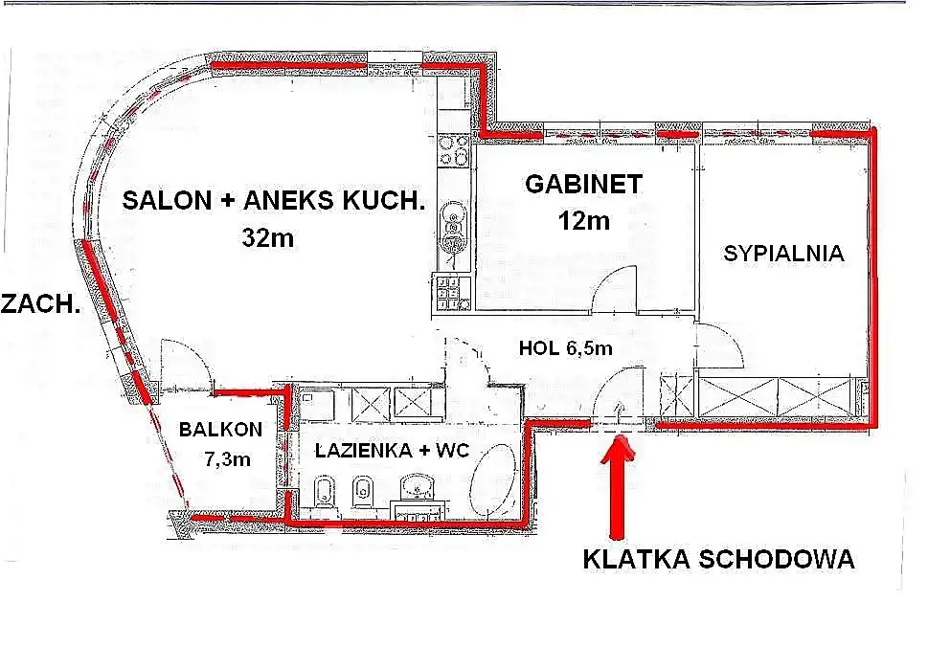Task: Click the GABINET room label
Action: point(583,184)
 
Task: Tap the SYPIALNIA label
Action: point(783,254)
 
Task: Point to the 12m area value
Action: point(583,221)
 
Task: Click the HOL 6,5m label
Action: point(565,347)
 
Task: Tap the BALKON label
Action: point(221,429)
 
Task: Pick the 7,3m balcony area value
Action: point(228,458)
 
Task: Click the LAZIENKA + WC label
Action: point(392,451)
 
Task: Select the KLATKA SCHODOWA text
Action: point(718,559)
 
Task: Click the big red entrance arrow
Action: point(618,486)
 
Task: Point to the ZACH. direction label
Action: point(40,303)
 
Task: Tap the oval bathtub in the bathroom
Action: point(493,479)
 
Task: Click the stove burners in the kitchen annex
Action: point(453,150)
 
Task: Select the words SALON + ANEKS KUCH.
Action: point(274,201)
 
